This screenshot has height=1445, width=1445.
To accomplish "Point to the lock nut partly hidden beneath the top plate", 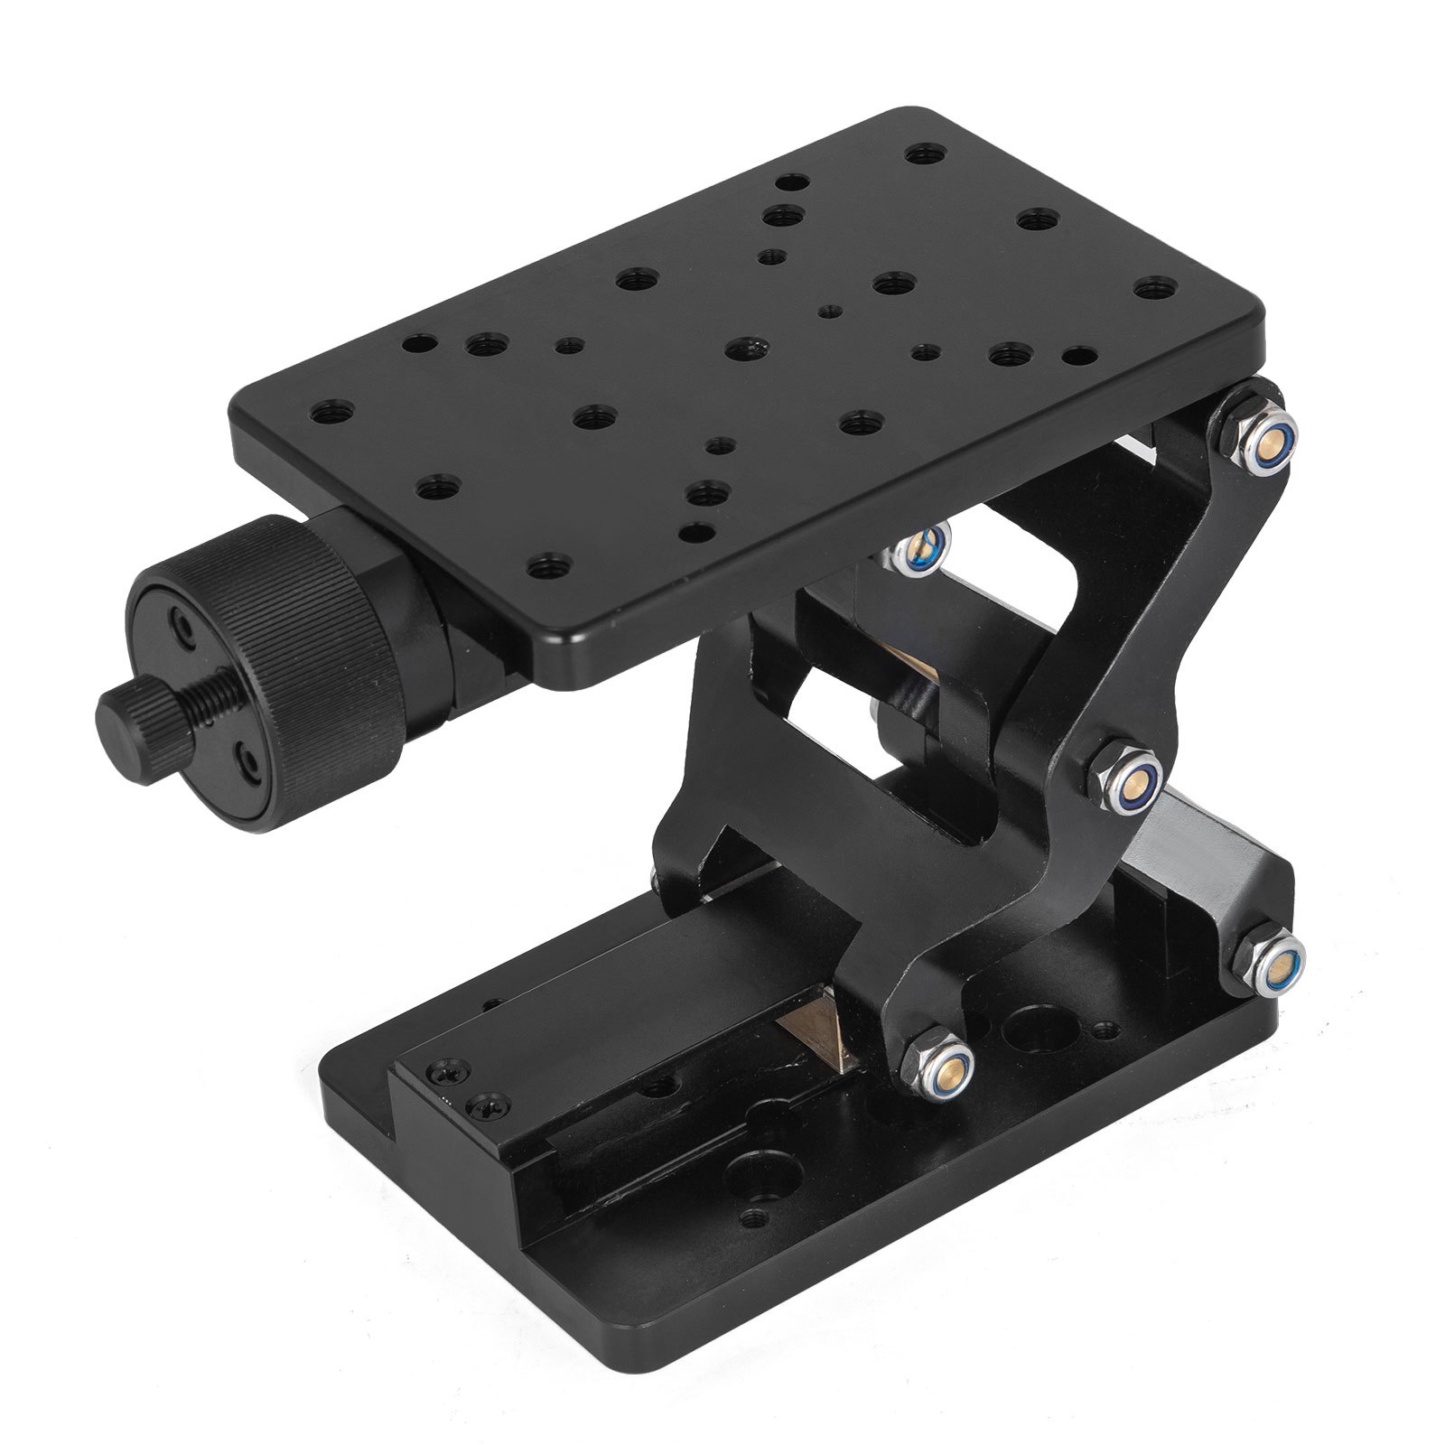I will (x=921, y=548).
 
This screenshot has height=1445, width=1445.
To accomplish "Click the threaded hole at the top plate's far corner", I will (x=920, y=154).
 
